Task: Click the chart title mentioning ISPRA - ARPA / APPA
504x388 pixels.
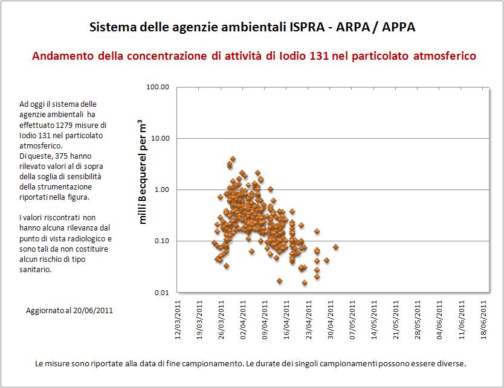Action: tap(252, 28)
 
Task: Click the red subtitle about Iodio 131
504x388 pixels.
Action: tap(254, 56)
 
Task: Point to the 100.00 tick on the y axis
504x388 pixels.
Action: tap(157, 87)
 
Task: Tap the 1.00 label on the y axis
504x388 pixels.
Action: tap(161, 189)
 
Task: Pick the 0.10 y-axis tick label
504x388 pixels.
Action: tap(161, 241)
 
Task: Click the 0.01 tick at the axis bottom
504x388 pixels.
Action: tap(161, 293)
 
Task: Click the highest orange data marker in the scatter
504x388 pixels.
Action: tap(233, 159)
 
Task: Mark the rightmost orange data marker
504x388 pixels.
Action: tap(335, 247)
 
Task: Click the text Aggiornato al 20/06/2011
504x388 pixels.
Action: tap(69, 310)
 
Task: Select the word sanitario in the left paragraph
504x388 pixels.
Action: tap(35, 270)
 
